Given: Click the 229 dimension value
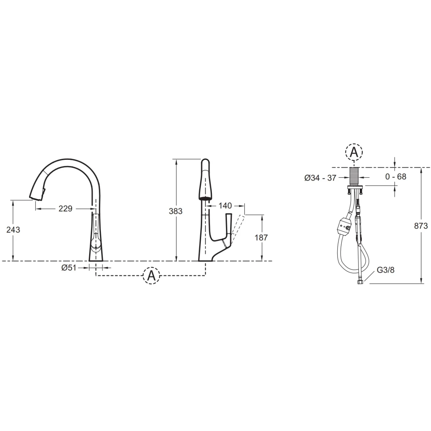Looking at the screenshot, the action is [x=65, y=209].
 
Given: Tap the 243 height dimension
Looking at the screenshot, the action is [x=13, y=230].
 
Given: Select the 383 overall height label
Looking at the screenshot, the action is [x=176, y=211].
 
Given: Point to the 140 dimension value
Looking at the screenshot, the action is [x=225, y=205].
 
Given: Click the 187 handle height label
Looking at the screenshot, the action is [x=261, y=237].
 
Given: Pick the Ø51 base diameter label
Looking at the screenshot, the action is [x=69, y=268].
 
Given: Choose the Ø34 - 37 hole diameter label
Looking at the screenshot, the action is [x=320, y=178].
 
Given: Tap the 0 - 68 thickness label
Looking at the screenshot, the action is [x=396, y=176].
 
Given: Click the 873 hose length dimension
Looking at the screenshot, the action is [x=421, y=226].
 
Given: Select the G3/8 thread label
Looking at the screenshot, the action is [x=386, y=270].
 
